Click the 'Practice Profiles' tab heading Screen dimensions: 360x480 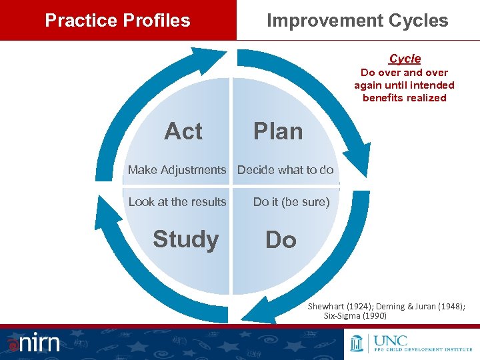click(x=117, y=20)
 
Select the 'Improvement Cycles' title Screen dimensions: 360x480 click(x=357, y=20)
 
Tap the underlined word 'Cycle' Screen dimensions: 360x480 click(x=405, y=59)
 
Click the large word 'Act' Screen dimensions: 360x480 click(x=183, y=131)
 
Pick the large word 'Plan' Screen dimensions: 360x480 click(x=278, y=131)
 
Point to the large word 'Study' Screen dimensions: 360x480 click(x=185, y=239)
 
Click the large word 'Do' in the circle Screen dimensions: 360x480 click(x=281, y=240)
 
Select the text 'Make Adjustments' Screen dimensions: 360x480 click(x=177, y=170)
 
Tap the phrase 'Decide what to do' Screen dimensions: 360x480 click(x=285, y=170)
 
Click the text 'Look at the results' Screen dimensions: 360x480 click(x=177, y=202)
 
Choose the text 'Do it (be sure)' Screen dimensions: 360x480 click(x=291, y=202)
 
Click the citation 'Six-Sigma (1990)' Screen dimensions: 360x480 click(x=355, y=315)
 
